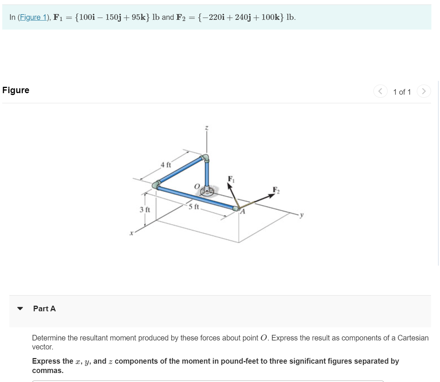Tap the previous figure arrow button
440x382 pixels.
pos(380,91)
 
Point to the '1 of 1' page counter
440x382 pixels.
pos(402,92)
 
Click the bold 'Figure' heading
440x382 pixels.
pos(16,90)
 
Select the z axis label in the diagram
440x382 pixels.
pos(206,128)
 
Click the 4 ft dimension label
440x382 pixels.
pos(165,165)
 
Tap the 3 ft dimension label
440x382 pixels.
pos(145,210)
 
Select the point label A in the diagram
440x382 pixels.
pos(242,212)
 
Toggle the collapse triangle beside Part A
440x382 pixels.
pos(21,309)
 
